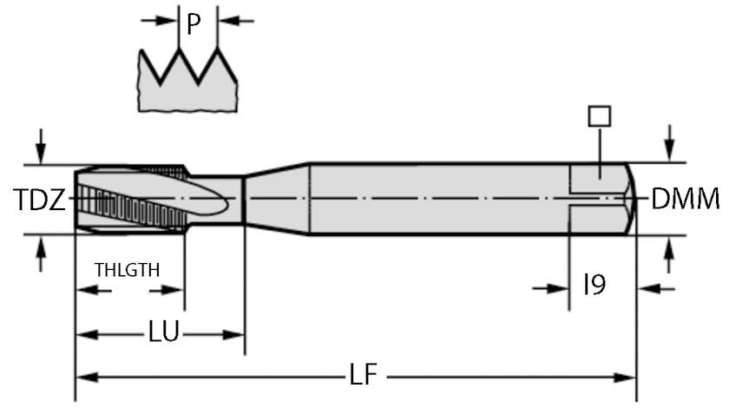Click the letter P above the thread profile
[194, 23]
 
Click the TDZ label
[39, 201]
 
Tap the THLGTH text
[127, 269]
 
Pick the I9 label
[594, 286]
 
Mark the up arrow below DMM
[668, 254]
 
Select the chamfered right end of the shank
[631, 199]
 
